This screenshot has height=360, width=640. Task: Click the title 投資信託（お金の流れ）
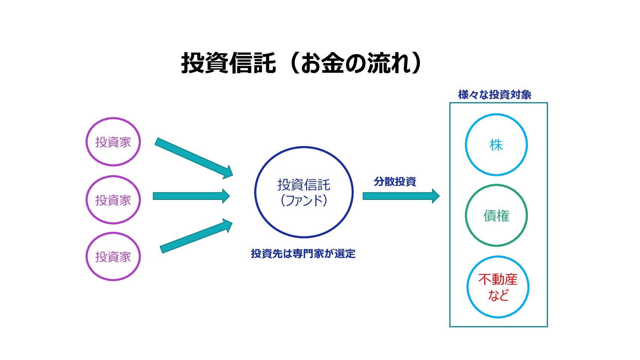[x=302, y=63]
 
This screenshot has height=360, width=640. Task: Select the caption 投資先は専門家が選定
[x=303, y=254]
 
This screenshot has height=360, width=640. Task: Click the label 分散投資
[x=395, y=182]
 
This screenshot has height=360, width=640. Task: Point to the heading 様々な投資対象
[x=495, y=95]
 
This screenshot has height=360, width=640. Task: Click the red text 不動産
[x=498, y=280]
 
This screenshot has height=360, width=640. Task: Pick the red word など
[x=498, y=295]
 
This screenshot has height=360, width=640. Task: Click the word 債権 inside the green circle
[x=496, y=216]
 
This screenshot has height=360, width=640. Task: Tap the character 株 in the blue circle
[x=496, y=145]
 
